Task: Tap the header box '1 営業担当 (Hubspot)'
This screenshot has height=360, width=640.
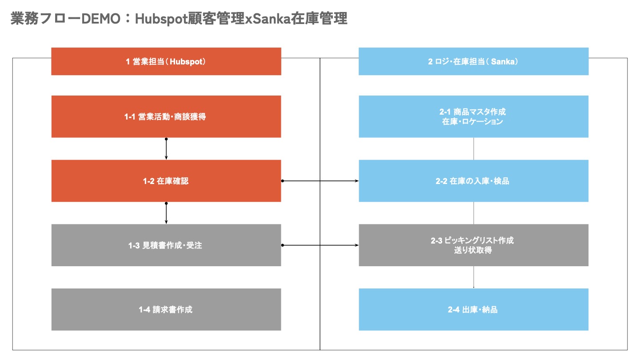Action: [x=166, y=61]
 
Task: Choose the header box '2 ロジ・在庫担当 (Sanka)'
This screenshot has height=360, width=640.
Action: [x=473, y=61]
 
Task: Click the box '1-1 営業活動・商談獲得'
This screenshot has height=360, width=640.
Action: [x=166, y=117]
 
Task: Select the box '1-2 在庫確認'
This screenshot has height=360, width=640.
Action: [x=166, y=181]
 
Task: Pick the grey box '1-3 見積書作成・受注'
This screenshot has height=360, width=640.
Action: [x=166, y=245]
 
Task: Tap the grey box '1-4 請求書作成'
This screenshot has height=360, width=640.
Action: [x=166, y=309]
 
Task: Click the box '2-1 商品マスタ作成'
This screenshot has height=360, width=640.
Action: [x=473, y=117]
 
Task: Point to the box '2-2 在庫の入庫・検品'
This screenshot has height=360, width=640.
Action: [x=473, y=181]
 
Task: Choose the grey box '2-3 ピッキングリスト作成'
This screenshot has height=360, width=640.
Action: [x=473, y=245]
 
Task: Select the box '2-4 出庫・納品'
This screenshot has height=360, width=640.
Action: [x=473, y=309]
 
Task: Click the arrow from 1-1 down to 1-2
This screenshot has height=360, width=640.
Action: [x=166, y=149]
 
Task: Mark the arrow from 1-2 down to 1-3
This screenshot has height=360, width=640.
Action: [x=166, y=213]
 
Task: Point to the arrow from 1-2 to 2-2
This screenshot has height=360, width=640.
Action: [x=320, y=181]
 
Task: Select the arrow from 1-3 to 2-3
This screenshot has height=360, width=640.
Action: [x=320, y=245]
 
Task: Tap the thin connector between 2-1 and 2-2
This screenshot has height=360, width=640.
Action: [x=474, y=149]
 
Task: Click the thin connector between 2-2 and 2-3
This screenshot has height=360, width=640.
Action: [x=474, y=213]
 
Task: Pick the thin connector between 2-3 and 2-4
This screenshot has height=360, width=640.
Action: [x=474, y=277]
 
